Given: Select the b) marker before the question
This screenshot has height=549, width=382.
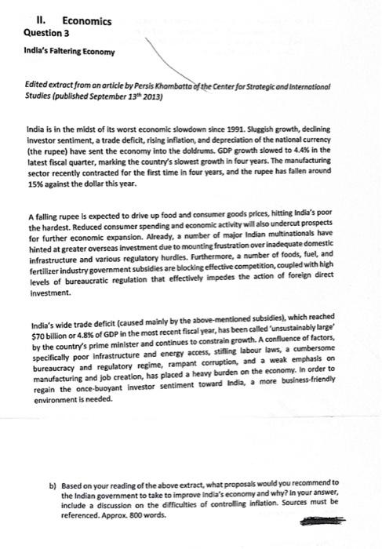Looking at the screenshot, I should coord(53,483).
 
